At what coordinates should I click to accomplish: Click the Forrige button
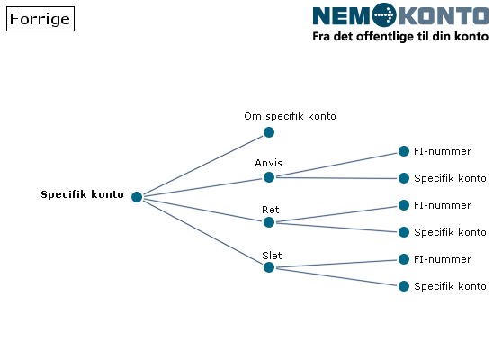pyautogui.click(x=40, y=19)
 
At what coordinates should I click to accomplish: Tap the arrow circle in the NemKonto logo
pyautogui.click(x=384, y=14)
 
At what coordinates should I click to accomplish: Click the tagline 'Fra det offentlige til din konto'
pyautogui.click(x=400, y=37)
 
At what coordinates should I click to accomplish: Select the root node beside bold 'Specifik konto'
pyautogui.click(x=137, y=197)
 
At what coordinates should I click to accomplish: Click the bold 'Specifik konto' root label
pyautogui.click(x=82, y=194)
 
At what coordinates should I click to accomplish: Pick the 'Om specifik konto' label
pyautogui.click(x=290, y=116)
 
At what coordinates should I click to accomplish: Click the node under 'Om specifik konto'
pyautogui.click(x=269, y=132)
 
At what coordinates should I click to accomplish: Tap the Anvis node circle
pyautogui.click(x=269, y=177)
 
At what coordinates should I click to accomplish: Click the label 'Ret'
pyautogui.click(x=271, y=210)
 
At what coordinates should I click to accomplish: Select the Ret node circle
pyautogui.click(x=269, y=222)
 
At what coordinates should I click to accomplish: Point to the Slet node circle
pyautogui.click(x=269, y=267)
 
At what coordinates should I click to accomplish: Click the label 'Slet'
pyautogui.click(x=272, y=256)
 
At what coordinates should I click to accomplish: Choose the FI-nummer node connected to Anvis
pyautogui.click(x=404, y=151)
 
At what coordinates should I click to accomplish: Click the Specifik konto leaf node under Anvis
pyautogui.click(x=404, y=178)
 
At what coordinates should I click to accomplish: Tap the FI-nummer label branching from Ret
pyautogui.click(x=443, y=205)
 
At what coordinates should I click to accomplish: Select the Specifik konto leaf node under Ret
pyautogui.click(x=404, y=232)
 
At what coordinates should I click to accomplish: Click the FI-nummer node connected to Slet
pyautogui.click(x=404, y=259)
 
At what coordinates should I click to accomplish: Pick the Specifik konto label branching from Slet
pyautogui.click(x=450, y=286)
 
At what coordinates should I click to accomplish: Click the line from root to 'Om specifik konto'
pyautogui.click(x=202, y=165)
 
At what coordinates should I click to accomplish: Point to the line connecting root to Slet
pyautogui.click(x=202, y=232)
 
